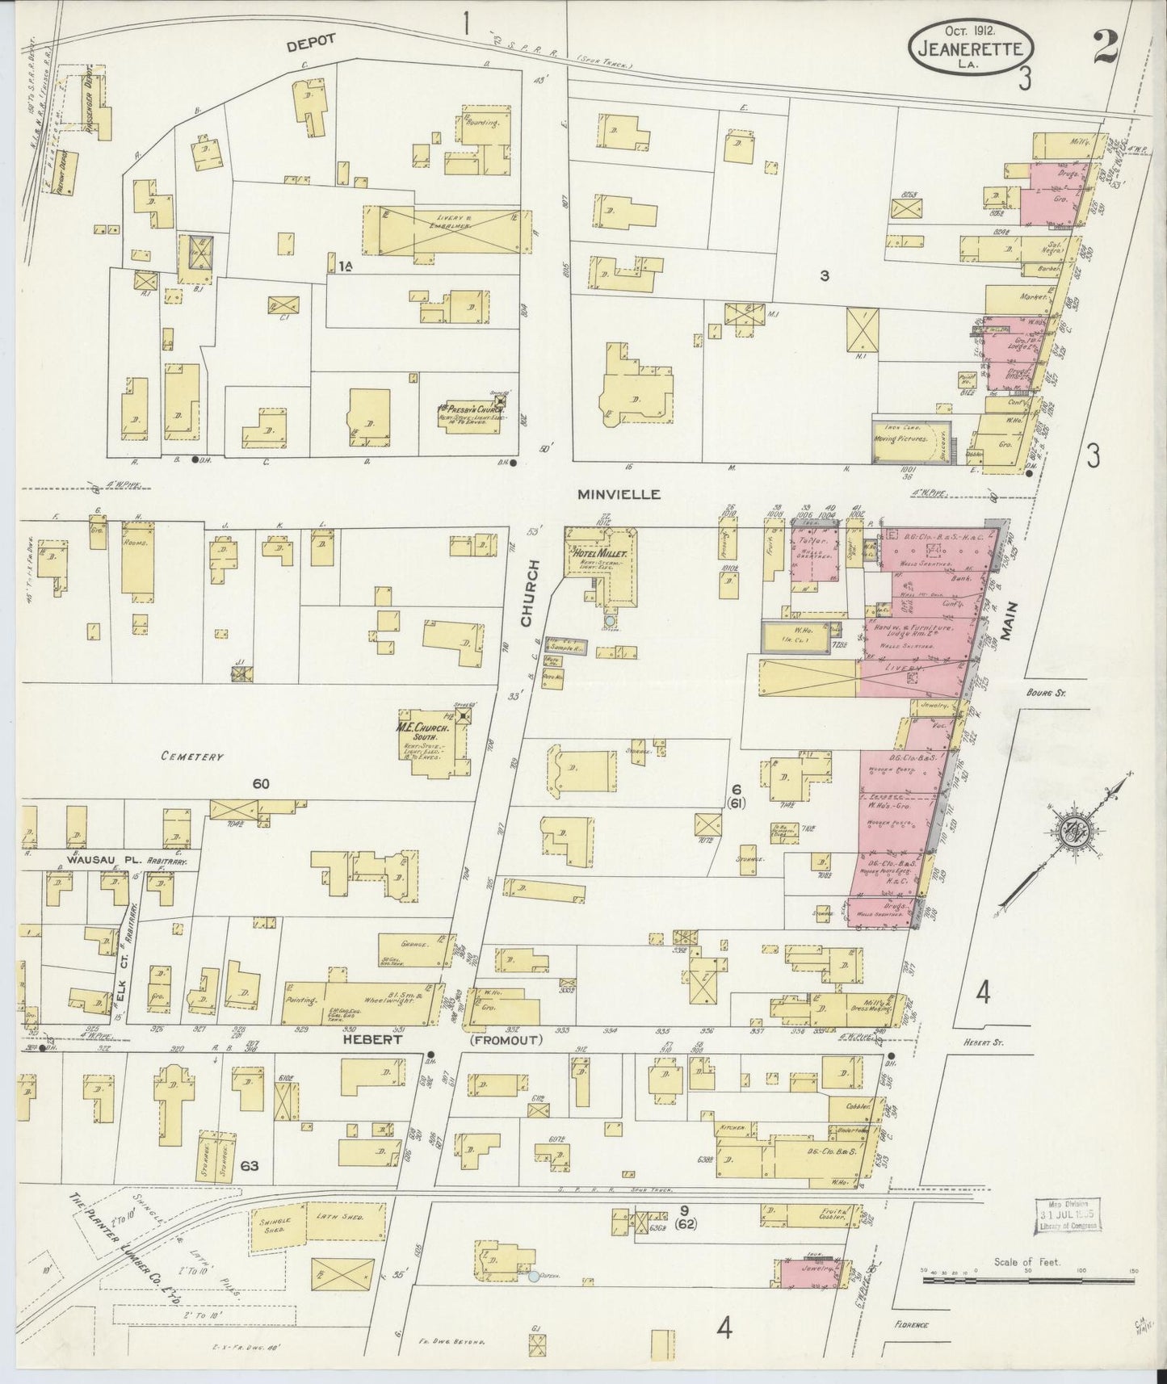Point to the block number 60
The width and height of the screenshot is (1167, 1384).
pos(260,783)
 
